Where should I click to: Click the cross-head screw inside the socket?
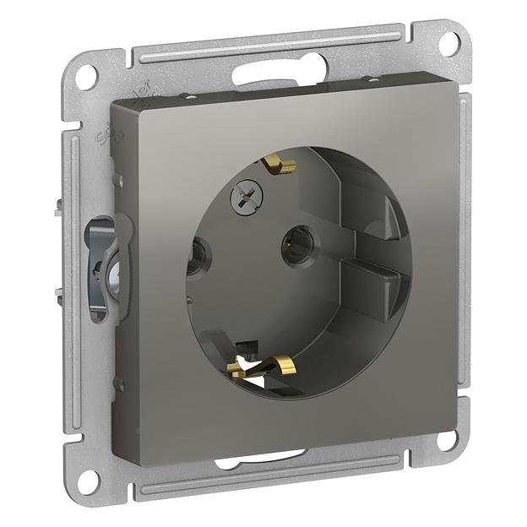(x=247, y=199)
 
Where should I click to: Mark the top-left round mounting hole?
(x=87, y=77)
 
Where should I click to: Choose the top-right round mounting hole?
(x=451, y=42)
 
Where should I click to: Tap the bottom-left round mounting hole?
(x=89, y=479)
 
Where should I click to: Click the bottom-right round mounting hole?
(x=447, y=439)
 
